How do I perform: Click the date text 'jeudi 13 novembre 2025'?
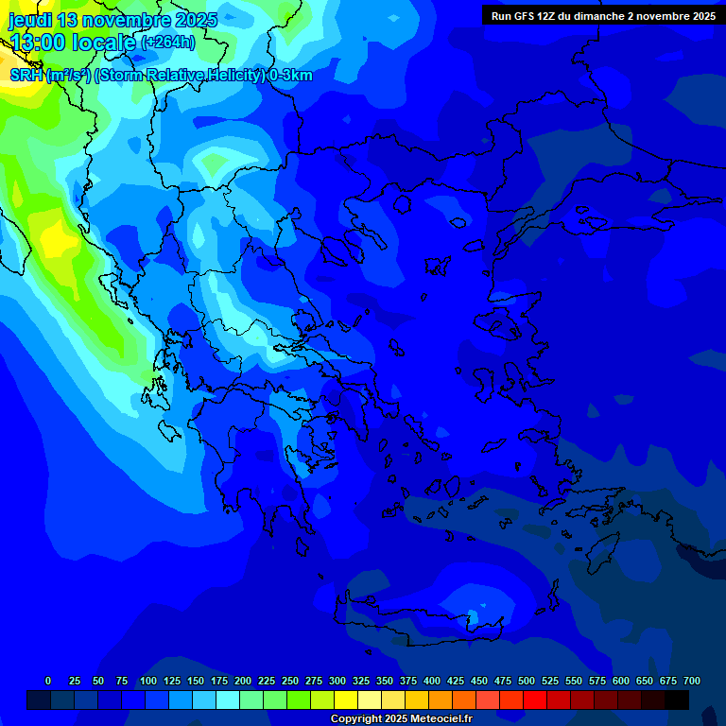click(x=112, y=20)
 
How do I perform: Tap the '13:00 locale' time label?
click(x=72, y=43)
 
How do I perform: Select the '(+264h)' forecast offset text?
click(x=167, y=43)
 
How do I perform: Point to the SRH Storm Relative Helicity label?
click(x=161, y=76)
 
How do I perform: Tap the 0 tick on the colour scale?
click(x=48, y=682)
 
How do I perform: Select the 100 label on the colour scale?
click(x=147, y=682)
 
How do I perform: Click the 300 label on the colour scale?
click(x=337, y=682)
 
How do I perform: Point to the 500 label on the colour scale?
click(x=526, y=682)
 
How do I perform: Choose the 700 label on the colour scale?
click(x=692, y=682)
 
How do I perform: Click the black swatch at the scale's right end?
click(x=677, y=700)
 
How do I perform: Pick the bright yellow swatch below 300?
click(x=346, y=700)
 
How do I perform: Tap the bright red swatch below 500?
click(x=535, y=700)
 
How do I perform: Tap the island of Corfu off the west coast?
click(x=157, y=388)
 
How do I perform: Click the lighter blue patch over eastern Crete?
click(x=477, y=610)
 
